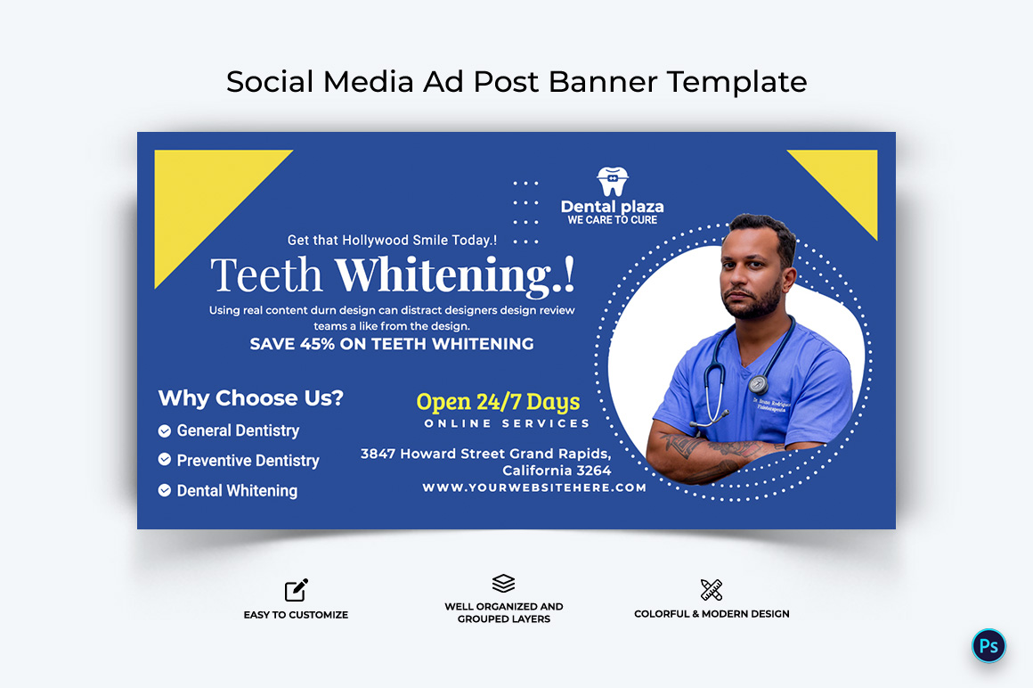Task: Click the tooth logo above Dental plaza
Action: [x=613, y=181]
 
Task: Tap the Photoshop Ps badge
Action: [x=988, y=646]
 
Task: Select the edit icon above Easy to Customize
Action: [x=297, y=590]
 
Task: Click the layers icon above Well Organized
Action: [x=503, y=583]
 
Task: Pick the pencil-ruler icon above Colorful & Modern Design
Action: [x=712, y=589]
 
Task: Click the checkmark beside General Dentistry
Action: [x=165, y=431]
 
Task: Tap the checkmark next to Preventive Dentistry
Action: [x=165, y=459]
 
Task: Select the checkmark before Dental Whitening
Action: [x=165, y=490]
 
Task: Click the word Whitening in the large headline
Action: [x=455, y=274]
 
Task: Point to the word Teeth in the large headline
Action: [x=267, y=274]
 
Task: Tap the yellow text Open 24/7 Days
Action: [x=498, y=402]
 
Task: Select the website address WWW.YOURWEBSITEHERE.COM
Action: [x=534, y=487]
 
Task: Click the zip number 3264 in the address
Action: [x=594, y=471]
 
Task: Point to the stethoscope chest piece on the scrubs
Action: [x=759, y=383]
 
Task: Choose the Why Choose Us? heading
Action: [x=251, y=398]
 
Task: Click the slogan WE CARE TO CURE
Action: [x=613, y=220]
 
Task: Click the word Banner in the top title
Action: [x=603, y=82]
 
